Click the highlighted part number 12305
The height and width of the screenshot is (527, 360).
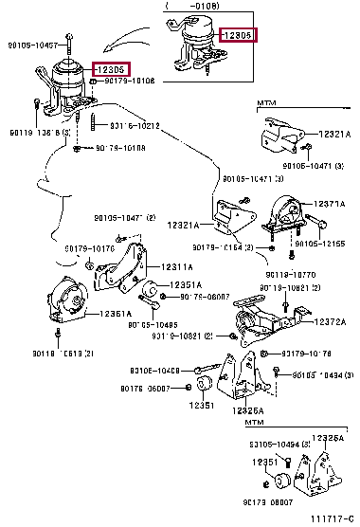(x=111, y=70)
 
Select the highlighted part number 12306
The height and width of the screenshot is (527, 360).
(x=238, y=35)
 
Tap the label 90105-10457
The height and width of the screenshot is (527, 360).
(x=36, y=45)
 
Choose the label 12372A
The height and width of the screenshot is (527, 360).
(x=332, y=322)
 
